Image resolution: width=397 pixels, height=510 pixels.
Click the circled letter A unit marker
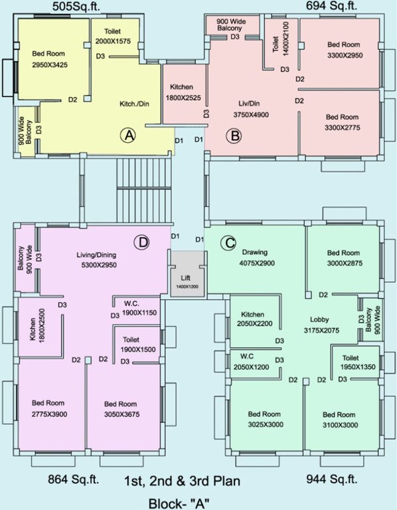point(127,135)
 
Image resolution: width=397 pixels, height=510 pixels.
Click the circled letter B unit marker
point(233,137)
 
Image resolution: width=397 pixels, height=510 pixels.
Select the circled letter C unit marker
point(228,244)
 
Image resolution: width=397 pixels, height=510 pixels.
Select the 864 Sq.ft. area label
point(74,479)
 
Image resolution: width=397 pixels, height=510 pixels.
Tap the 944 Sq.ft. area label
point(331,479)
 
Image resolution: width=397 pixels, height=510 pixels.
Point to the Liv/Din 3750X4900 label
point(250,108)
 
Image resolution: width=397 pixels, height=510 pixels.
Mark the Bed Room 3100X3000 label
point(341,419)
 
